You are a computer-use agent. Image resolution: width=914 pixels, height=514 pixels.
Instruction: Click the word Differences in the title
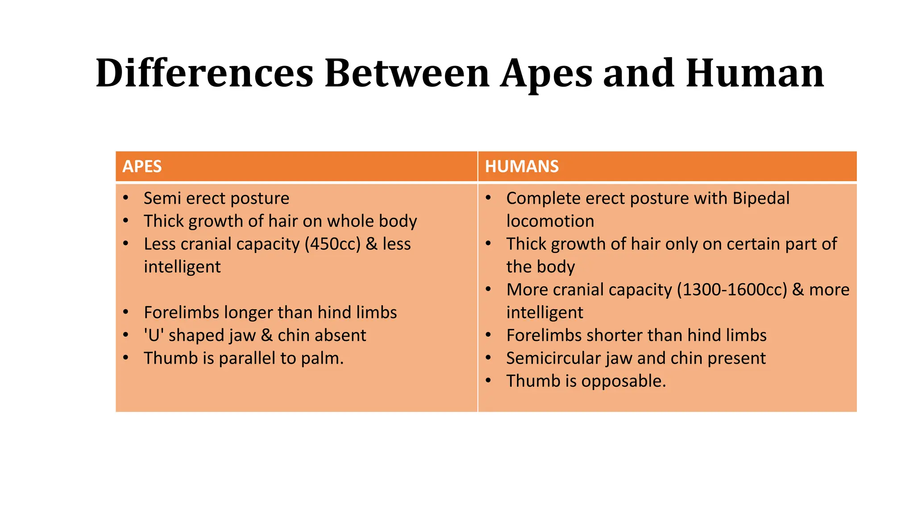click(x=204, y=73)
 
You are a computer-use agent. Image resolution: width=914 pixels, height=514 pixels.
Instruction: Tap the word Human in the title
click(x=755, y=73)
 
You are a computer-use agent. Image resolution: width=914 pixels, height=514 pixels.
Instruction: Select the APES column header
click(x=142, y=166)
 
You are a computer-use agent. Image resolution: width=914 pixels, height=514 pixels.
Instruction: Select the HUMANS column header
click(x=522, y=166)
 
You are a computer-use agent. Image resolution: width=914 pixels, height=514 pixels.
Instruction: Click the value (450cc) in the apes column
click(x=332, y=244)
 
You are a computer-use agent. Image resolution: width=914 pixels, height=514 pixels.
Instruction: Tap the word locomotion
click(x=550, y=221)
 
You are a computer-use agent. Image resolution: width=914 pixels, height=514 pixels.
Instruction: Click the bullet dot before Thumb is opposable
click(x=489, y=381)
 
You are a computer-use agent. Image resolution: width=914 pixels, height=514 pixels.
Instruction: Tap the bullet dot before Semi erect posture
click(x=126, y=198)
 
